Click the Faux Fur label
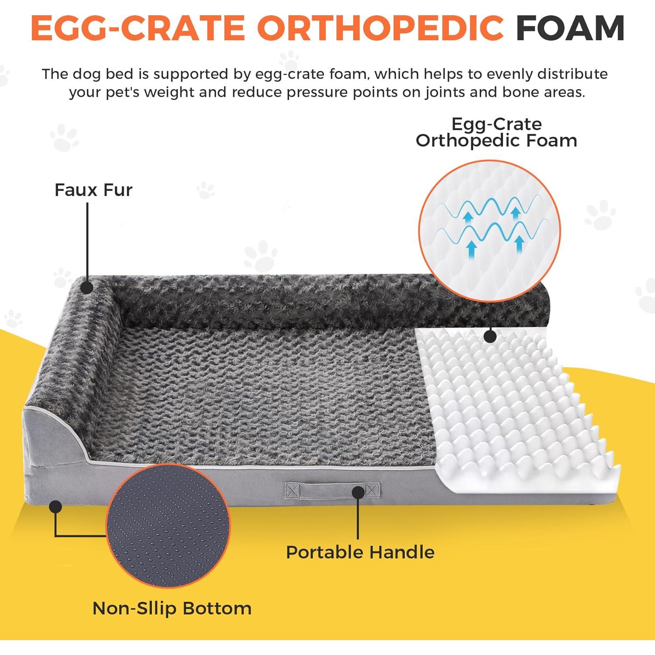coord(93,190)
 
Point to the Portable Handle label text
coord(360,552)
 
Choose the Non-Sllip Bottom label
coord(172,608)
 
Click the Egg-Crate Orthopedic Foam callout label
coord(496,132)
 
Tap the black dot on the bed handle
coord(359,493)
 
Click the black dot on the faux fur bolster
coord(87,287)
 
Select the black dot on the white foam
coord(490,336)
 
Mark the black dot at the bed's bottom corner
coord(55,507)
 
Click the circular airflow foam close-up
coord(489,231)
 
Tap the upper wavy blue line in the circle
coord(493,207)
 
